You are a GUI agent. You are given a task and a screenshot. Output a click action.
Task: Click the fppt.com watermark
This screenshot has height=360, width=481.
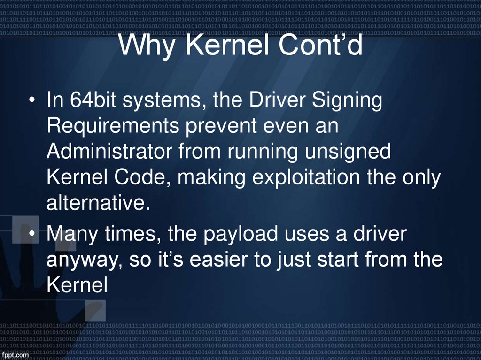click(15, 355)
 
